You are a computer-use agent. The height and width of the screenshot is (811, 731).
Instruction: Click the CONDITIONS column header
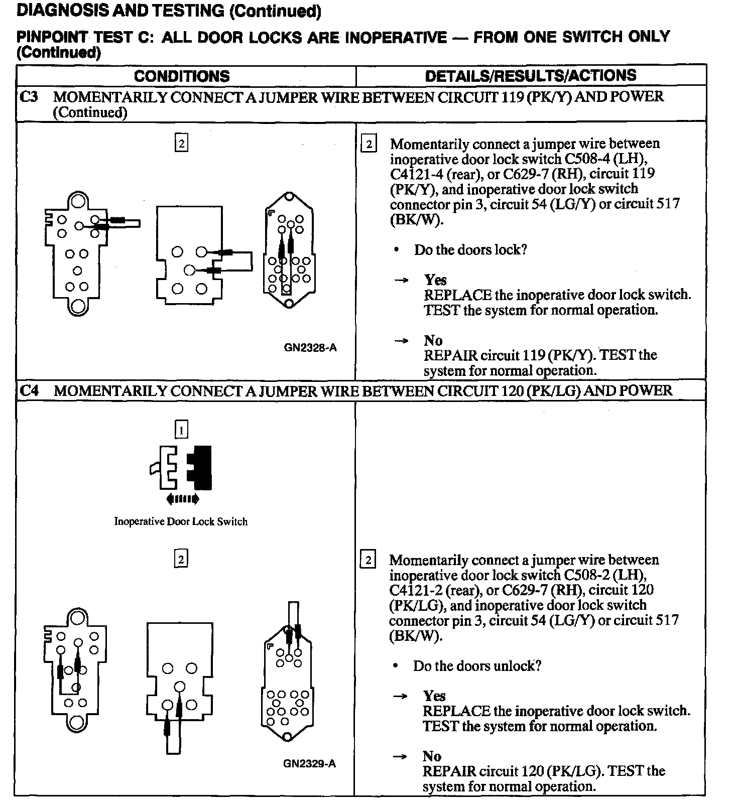[x=182, y=76]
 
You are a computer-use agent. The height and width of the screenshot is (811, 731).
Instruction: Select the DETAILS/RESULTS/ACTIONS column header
[x=531, y=76]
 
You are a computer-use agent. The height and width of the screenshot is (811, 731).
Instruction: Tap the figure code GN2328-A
[x=310, y=347]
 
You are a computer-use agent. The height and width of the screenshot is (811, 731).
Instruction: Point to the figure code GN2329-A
[x=309, y=764]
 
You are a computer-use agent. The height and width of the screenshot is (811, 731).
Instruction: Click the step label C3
[x=29, y=96]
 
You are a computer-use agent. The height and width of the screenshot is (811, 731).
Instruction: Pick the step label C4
[x=29, y=390]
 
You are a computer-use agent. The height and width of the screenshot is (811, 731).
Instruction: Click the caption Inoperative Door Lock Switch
[x=181, y=521]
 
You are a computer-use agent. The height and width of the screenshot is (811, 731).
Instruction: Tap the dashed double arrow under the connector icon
[x=182, y=499]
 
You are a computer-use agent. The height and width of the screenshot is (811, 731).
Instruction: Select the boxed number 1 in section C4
[x=181, y=430]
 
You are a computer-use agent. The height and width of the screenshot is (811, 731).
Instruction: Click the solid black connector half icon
[x=200, y=467]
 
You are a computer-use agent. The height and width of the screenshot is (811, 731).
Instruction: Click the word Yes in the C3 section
[x=435, y=280]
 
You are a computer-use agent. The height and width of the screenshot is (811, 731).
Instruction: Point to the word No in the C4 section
[x=432, y=756]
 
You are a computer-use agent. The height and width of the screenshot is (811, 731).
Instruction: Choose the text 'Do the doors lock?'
[x=470, y=250]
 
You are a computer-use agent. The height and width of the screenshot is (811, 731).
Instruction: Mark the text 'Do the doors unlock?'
[x=477, y=666]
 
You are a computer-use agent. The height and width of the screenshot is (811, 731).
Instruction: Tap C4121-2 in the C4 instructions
[x=413, y=590]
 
